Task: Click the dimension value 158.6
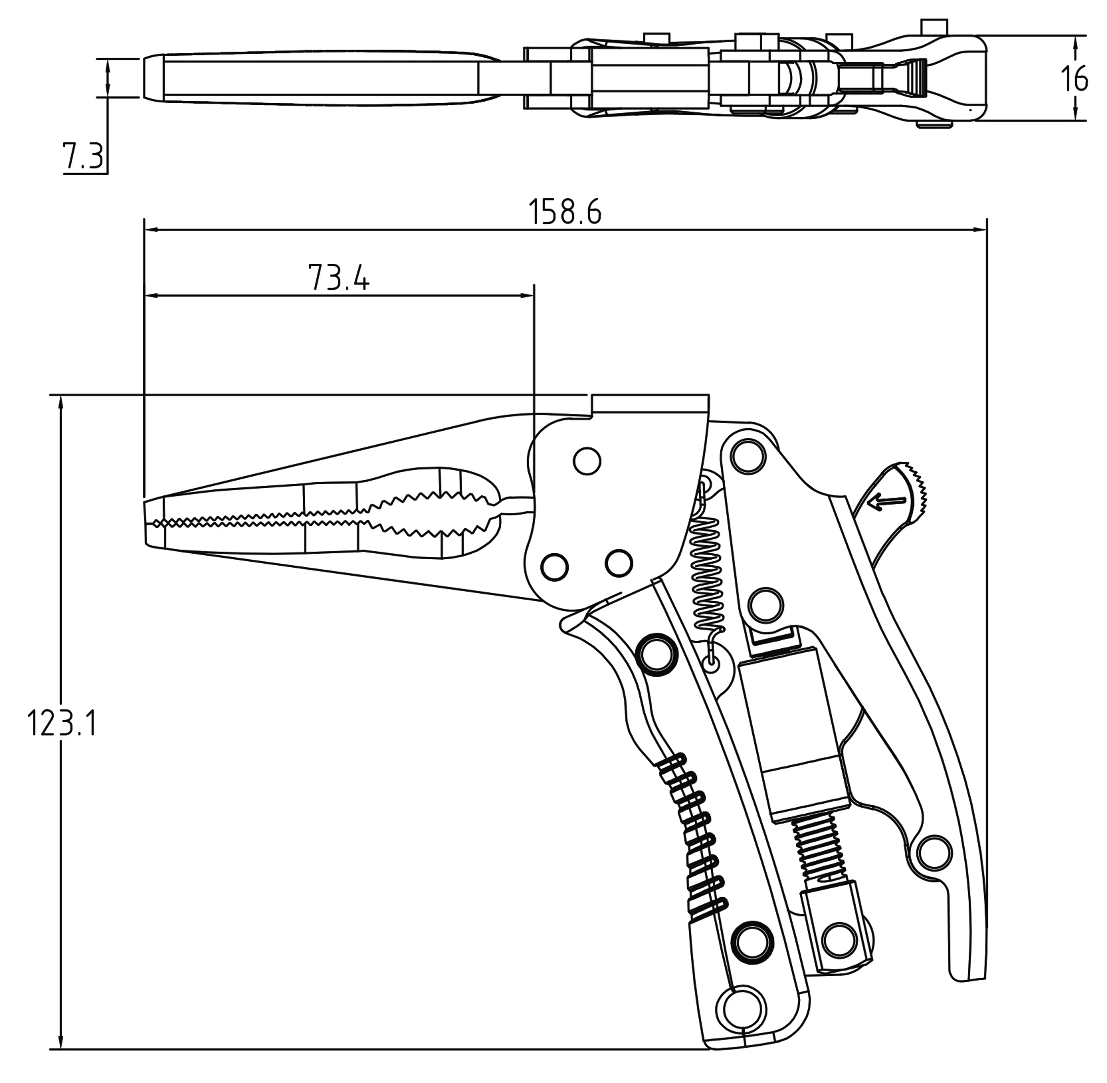point(565,212)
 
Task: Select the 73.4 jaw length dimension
point(339,278)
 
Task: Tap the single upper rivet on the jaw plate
point(587,461)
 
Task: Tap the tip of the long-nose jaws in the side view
point(149,523)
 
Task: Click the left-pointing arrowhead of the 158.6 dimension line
point(149,230)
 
